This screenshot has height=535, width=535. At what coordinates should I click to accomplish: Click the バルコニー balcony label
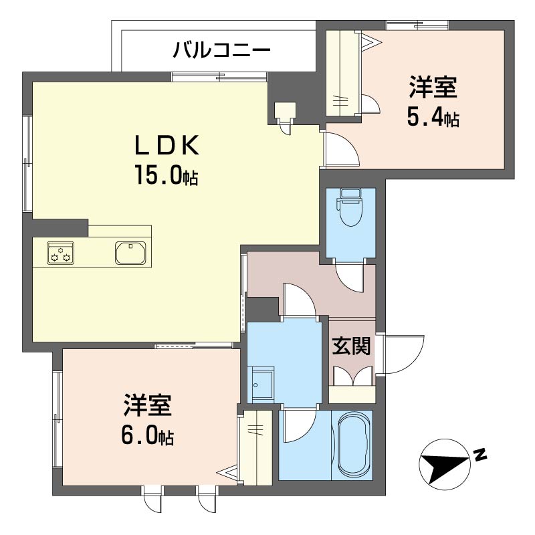[221, 49]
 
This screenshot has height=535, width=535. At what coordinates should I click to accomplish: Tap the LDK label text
[167, 146]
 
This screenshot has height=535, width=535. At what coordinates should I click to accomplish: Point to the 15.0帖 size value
[166, 175]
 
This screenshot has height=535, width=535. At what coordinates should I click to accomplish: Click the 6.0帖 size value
[147, 436]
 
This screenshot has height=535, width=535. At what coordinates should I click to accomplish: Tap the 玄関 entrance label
[352, 346]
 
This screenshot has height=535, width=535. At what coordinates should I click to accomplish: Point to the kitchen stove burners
[60, 253]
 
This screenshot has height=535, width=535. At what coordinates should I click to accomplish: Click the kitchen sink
[130, 253]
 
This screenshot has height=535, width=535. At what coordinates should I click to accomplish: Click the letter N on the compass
[480, 455]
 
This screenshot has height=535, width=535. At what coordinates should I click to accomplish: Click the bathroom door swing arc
[300, 427]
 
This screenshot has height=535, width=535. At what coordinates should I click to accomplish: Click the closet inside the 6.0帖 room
[255, 447]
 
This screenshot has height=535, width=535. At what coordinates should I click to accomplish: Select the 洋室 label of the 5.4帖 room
[433, 88]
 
